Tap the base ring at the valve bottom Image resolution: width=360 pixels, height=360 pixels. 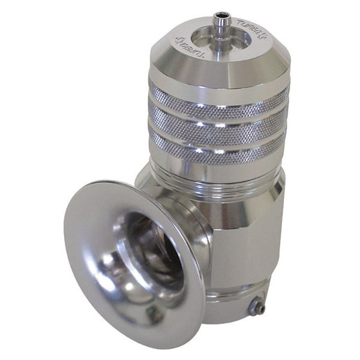coord(234,300)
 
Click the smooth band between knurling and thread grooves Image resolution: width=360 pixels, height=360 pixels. coord(219,167)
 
